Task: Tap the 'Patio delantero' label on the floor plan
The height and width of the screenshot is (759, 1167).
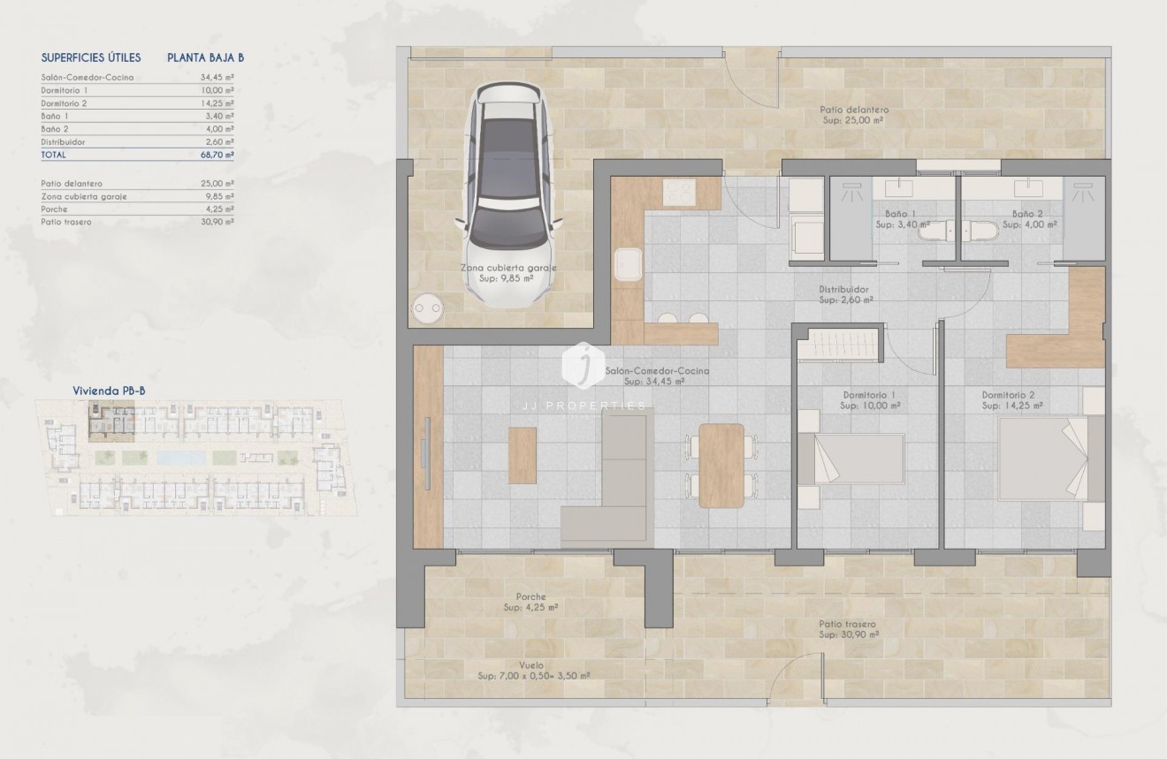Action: (x=854, y=110)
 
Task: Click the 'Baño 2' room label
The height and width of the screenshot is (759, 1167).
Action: (x=1029, y=214)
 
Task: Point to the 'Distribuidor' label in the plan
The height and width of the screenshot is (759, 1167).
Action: (x=844, y=290)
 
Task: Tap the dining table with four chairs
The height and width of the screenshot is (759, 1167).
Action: (x=721, y=466)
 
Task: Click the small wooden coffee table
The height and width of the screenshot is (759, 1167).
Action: (x=522, y=455)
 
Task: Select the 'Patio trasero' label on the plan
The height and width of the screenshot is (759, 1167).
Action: (x=847, y=624)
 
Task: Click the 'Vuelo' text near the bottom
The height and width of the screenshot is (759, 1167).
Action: (x=531, y=665)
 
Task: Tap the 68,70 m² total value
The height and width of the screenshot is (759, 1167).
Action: (x=217, y=155)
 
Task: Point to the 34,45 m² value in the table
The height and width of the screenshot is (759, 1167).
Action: (x=217, y=78)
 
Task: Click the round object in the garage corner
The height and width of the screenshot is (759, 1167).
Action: (x=429, y=308)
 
